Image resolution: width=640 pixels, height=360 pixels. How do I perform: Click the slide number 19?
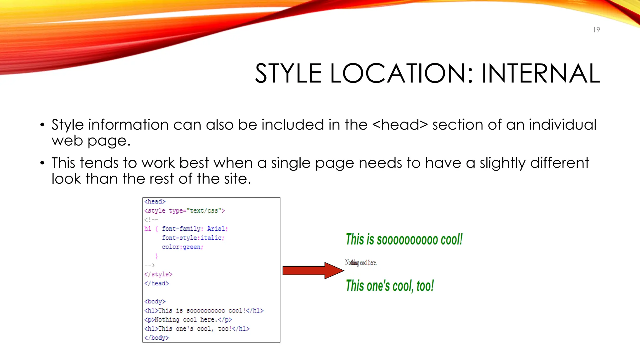[x=596, y=30]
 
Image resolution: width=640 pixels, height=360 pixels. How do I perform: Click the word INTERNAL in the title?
[x=540, y=73]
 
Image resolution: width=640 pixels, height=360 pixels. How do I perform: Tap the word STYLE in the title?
[x=288, y=73]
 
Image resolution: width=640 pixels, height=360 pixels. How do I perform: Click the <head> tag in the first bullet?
[x=400, y=125]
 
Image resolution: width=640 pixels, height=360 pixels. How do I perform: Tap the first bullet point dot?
[x=42, y=125]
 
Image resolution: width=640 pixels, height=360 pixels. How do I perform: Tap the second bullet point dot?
[x=42, y=163]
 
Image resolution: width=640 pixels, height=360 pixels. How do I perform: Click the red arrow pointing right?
[x=312, y=271]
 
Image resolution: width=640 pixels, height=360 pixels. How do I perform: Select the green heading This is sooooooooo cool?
[x=404, y=239]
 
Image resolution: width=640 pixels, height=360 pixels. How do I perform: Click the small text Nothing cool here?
[x=361, y=263]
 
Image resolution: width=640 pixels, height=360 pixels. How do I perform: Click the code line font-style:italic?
[x=193, y=238]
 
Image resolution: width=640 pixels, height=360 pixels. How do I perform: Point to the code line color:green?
[x=182, y=247]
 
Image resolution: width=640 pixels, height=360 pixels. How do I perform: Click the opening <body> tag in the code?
[x=155, y=301]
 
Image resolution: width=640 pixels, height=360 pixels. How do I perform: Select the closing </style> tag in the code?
[x=158, y=274]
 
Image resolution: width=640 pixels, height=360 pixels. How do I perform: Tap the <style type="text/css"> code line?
[x=184, y=211]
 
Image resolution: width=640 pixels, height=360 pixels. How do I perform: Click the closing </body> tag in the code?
[x=157, y=337]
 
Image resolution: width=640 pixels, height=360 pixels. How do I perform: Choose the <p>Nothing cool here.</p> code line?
[x=188, y=319]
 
